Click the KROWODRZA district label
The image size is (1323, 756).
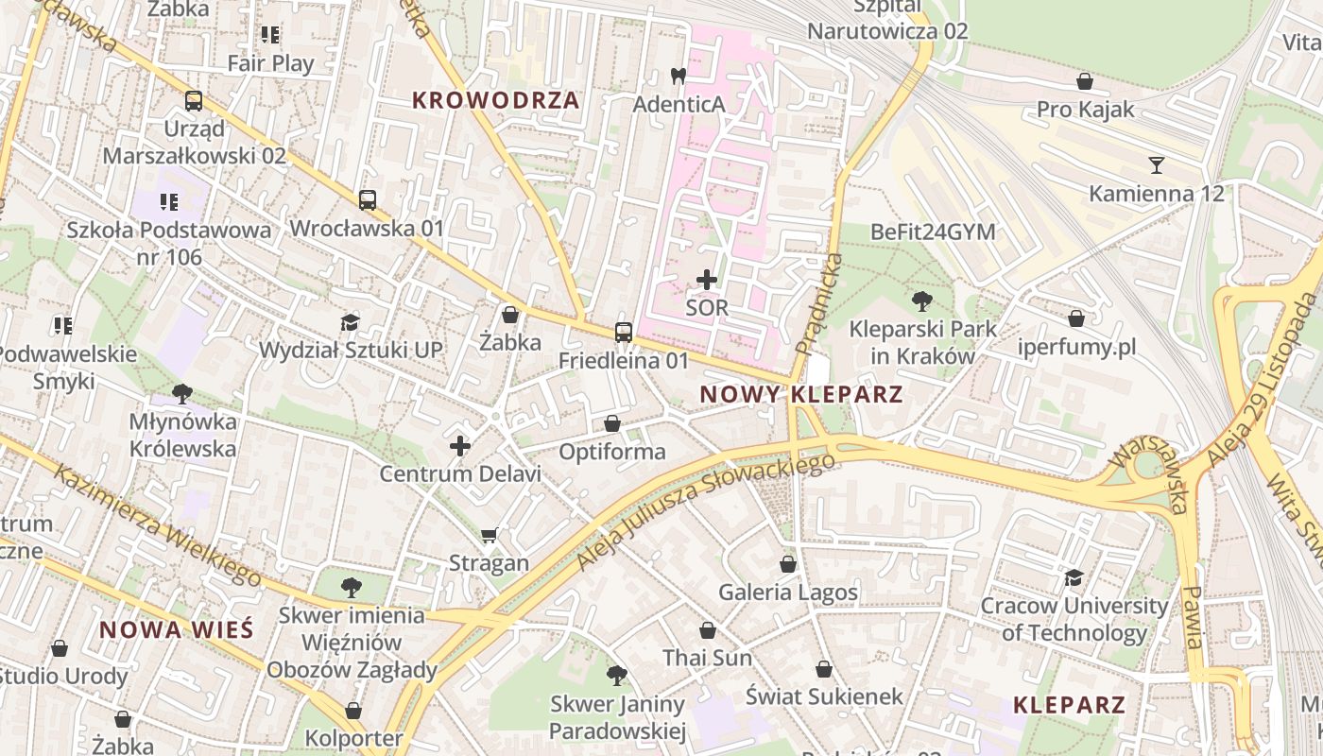(496, 100)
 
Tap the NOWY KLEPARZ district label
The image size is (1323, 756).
(801, 394)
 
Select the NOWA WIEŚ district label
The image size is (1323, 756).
(177, 629)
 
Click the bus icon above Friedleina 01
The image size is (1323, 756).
(624, 332)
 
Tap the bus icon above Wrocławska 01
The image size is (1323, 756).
(368, 199)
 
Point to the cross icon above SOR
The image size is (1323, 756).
(707, 280)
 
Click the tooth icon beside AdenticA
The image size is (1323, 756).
(678, 76)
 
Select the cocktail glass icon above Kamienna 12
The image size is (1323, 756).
(1156, 165)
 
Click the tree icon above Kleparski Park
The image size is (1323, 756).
(922, 301)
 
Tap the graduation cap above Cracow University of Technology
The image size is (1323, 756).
(1074, 577)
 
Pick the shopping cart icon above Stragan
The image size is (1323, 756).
(489, 536)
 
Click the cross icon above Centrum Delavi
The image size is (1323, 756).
(460, 446)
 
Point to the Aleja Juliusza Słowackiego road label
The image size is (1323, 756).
(706, 511)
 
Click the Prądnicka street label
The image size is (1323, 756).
(818, 303)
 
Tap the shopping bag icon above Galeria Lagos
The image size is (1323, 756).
(788, 564)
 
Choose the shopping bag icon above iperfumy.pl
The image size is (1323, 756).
(1076, 318)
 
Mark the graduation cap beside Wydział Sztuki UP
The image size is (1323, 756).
(351, 322)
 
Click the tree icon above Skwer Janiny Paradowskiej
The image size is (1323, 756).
(617, 676)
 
